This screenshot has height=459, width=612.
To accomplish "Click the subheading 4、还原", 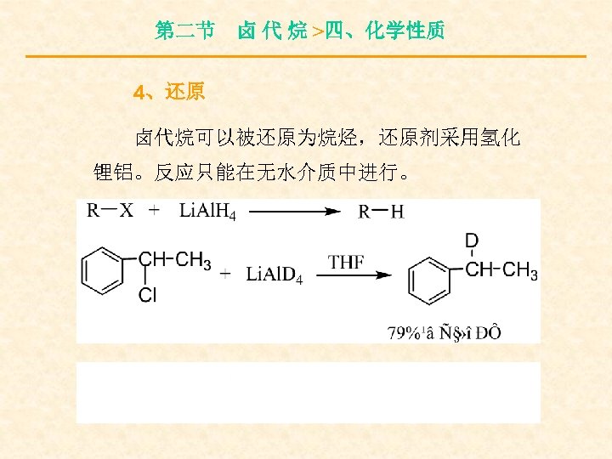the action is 170,92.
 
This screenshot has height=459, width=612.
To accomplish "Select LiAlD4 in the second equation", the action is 274,274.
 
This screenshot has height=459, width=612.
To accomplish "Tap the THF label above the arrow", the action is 347,261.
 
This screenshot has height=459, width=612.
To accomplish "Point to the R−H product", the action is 381,212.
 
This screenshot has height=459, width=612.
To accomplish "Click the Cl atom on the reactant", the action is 147,296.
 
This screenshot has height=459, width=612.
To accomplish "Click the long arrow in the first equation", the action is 293,212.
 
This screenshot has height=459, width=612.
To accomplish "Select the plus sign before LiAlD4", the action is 225,274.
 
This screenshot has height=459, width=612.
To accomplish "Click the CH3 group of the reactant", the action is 195,261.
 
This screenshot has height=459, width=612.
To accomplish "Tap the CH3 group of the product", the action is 520,271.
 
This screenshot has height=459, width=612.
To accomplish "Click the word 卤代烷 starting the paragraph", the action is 158,138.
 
